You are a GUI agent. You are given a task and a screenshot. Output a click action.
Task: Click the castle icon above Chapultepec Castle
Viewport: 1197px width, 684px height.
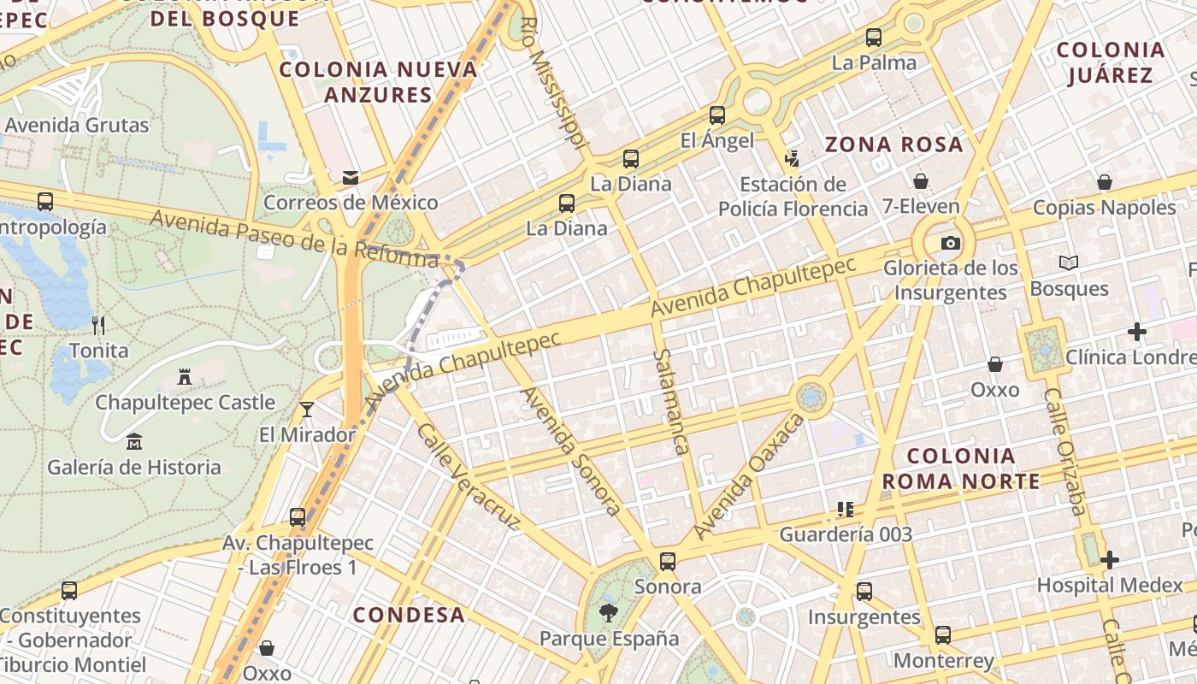(x=184, y=376)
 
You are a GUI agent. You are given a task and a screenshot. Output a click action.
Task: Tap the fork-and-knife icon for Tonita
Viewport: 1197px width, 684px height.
(x=98, y=325)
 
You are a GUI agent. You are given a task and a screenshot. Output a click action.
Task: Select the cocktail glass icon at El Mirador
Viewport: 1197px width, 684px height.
(x=307, y=409)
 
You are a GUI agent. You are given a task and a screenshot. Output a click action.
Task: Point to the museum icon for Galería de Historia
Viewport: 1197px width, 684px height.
(x=134, y=442)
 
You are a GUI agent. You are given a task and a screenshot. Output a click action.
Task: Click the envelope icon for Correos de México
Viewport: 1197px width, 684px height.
(x=351, y=178)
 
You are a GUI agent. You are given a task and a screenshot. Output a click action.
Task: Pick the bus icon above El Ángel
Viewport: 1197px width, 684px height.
(x=717, y=115)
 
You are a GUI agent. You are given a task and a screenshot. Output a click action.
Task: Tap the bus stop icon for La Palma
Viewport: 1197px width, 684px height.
(x=873, y=38)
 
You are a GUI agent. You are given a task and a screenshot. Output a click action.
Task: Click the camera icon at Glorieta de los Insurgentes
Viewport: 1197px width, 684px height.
(x=950, y=243)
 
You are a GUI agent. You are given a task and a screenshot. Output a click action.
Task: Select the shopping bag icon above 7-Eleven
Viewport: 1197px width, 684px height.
(x=921, y=181)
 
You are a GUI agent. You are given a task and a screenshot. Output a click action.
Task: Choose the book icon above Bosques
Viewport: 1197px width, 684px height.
(x=1069, y=263)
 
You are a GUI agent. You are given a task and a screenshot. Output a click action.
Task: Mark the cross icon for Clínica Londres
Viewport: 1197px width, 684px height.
(x=1137, y=331)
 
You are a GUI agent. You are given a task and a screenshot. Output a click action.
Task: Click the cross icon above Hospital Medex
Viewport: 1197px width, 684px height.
(x=1110, y=560)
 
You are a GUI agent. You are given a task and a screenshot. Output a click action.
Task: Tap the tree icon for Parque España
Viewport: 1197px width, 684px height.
(x=609, y=612)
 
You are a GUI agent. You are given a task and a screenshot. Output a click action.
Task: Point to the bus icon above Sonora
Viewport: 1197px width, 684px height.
(x=668, y=562)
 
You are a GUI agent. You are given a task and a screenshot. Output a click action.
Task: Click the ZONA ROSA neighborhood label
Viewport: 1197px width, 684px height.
(x=893, y=144)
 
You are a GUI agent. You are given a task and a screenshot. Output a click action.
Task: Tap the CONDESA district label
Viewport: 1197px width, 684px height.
(x=409, y=615)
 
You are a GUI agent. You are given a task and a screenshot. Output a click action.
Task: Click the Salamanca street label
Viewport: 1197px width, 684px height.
(x=670, y=400)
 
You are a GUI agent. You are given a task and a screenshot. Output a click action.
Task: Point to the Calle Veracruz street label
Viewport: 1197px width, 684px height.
(x=468, y=475)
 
